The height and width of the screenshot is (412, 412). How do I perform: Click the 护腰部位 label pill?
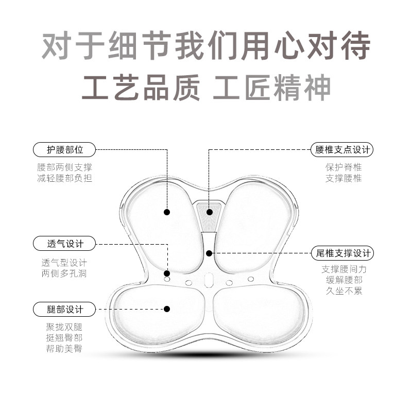[x=65, y=150]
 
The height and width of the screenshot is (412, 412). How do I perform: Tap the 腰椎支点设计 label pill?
[x=343, y=150]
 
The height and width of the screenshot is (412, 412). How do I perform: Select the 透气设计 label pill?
[x=65, y=243]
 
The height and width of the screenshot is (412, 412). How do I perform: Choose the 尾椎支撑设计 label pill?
[x=343, y=253]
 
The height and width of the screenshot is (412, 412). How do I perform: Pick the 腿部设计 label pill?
[x=65, y=309]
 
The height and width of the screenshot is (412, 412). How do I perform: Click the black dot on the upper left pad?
[x=167, y=212]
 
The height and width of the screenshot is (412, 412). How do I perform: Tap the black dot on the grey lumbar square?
[x=209, y=211]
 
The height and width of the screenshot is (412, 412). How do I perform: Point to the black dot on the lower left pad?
[x=167, y=309]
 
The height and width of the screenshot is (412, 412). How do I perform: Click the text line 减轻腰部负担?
[x=65, y=178]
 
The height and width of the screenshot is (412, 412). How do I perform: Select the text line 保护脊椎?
[x=343, y=167]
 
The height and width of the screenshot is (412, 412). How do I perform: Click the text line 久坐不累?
[x=343, y=291]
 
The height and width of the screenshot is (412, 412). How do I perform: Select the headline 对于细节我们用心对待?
[x=206, y=47]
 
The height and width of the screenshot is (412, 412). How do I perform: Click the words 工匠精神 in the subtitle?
[x=271, y=87]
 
